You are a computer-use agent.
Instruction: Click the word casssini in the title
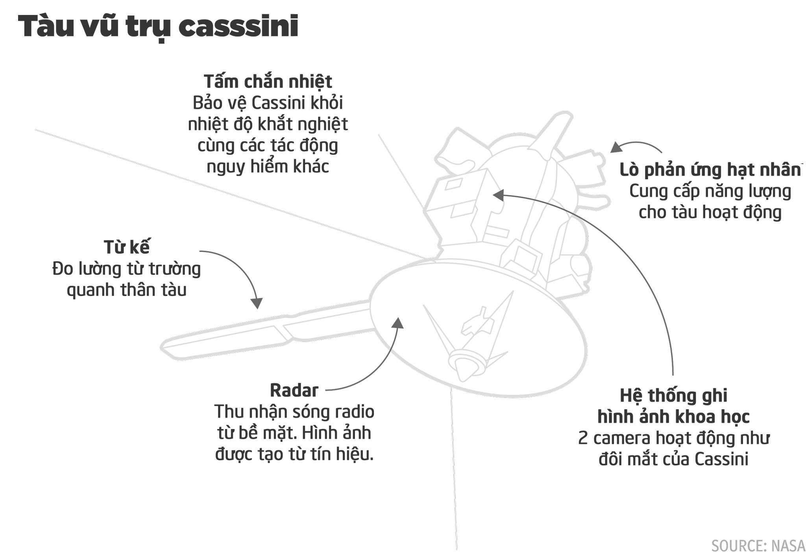[238, 27]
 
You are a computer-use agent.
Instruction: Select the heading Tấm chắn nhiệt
[268, 82]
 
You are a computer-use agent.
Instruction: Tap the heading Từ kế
[127, 247]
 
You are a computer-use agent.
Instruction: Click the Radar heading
[294, 390]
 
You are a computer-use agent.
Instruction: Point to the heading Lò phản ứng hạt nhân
[710, 170]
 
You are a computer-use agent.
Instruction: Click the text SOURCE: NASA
[758, 546]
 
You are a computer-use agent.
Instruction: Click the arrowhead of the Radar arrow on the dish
[398, 323]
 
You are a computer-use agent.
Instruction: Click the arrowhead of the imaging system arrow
[499, 195]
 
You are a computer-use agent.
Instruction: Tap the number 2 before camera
[583, 438]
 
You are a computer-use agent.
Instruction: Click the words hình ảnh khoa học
[673, 416]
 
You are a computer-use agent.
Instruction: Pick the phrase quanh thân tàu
[126, 290]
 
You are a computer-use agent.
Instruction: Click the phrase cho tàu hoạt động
[710, 212]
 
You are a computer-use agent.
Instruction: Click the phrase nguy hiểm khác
[268, 167]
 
